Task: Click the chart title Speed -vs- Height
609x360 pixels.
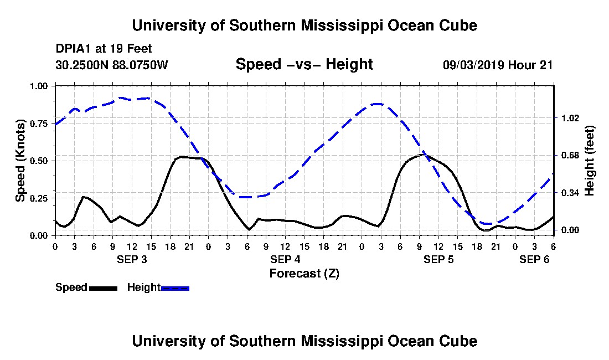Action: coord(304,64)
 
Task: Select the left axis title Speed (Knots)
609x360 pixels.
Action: coord(20,161)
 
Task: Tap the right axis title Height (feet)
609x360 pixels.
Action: coord(590,161)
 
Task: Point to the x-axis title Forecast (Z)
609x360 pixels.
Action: coord(304,273)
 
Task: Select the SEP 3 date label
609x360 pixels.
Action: coord(132,259)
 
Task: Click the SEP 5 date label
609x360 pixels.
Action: coord(438,259)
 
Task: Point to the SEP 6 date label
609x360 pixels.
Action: coord(534,259)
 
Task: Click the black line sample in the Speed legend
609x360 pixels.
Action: coord(103,288)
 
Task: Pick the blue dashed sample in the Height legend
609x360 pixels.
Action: coord(175,288)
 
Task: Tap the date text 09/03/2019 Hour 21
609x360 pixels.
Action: coord(498,65)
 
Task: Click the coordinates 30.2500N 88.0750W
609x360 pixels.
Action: coord(112,65)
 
